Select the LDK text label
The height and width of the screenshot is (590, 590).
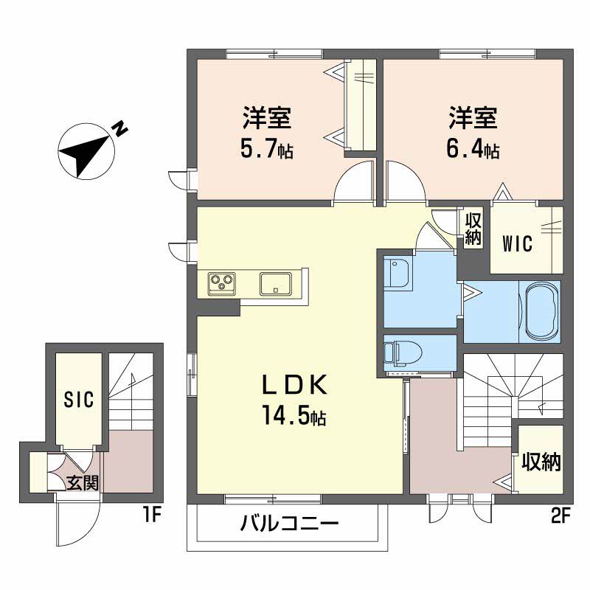(294, 385)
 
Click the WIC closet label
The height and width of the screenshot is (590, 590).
(518, 243)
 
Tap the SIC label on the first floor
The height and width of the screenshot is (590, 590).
(79, 399)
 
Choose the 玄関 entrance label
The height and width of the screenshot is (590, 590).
(83, 483)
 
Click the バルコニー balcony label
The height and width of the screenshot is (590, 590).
(290, 524)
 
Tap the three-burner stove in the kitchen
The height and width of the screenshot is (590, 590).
(222, 283)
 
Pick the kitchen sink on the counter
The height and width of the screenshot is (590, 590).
(275, 284)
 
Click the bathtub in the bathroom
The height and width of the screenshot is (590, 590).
(541, 311)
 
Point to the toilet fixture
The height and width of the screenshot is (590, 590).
(403, 352)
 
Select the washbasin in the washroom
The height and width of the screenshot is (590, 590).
(398, 272)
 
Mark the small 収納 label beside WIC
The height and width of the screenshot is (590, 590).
(473, 229)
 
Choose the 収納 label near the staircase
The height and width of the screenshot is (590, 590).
(541, 462)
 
